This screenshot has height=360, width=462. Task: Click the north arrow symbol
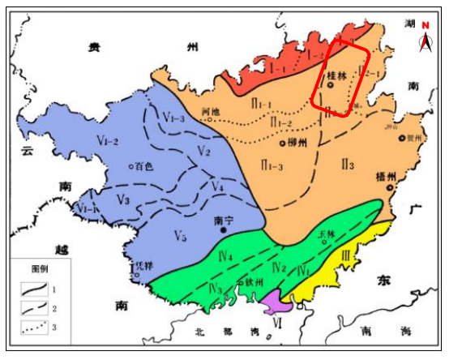(x=425, y=41)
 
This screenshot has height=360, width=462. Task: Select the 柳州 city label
(x=297, y=142)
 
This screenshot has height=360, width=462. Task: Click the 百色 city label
(x=144, y=166)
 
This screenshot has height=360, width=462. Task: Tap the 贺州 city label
(x=414, y=138)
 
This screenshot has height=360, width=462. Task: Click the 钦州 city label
(x=255, y=283)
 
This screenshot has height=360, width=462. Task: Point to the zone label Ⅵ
(x=278, y=322)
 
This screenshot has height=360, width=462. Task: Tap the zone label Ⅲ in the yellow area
(x=348, y=255)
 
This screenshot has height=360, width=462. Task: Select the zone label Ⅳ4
(x=227, y=258)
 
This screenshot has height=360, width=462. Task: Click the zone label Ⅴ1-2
(x=109, y=142)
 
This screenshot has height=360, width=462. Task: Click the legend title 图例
(x=41, y=268)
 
